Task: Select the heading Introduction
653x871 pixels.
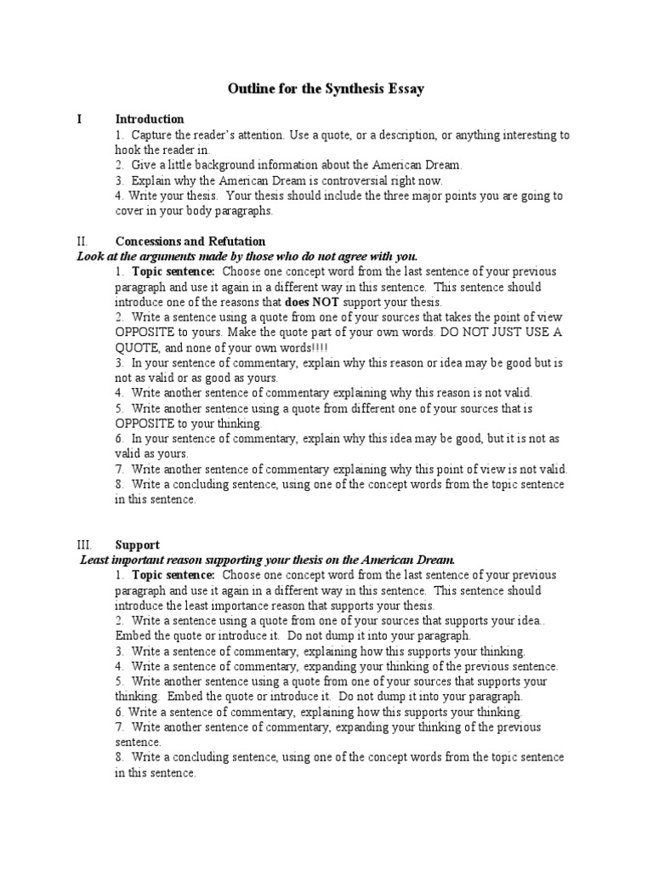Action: click(x=150, y=119)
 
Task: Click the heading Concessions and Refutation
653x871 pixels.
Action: click(x=190, y=242)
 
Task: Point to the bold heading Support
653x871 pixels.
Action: click(x=137, y=544)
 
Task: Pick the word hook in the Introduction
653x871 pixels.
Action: click(x=127, y=150)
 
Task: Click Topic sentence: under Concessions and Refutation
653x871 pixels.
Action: click(x=173, y=272)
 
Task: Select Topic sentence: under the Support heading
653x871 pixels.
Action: click(x=173, y=575)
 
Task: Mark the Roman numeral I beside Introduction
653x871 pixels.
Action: click(x=80, y=119)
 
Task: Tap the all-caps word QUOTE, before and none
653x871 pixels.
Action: click(x=137, y=349)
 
